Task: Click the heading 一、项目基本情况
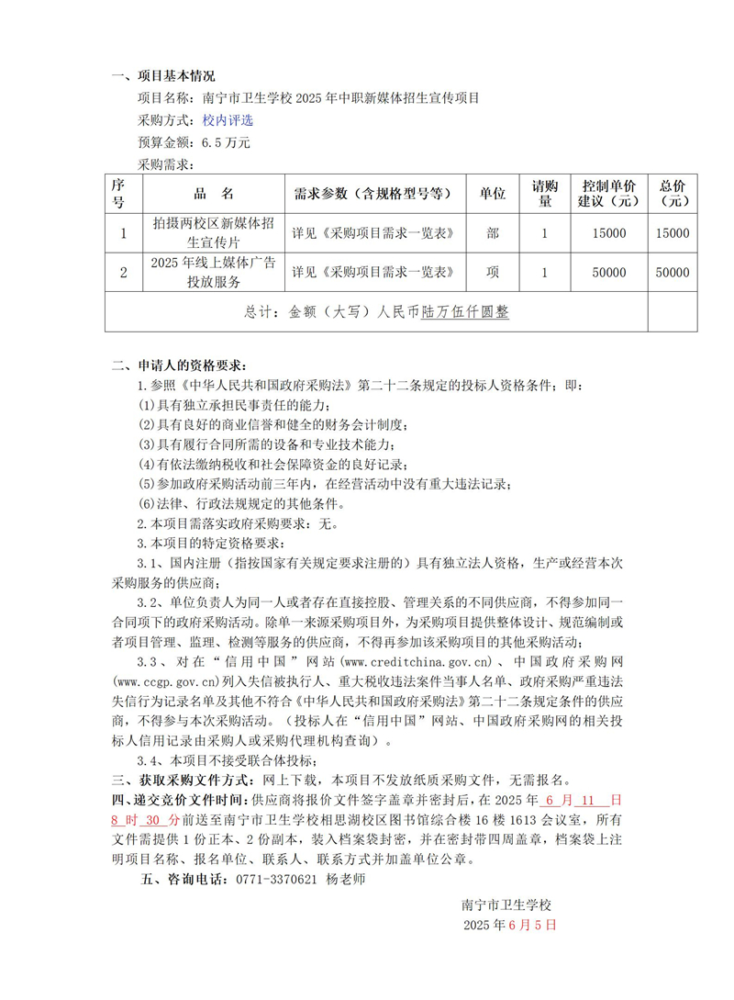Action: pos(163,75)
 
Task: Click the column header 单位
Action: pos(493,194)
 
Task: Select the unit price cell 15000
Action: pos(609,233)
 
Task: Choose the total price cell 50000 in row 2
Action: pos(673,272)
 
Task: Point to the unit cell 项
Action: pos(493,272)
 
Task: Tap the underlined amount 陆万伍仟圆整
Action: pos(465,312)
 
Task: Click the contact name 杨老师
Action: pos(346,880)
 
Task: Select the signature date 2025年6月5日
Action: pos(510,925)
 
